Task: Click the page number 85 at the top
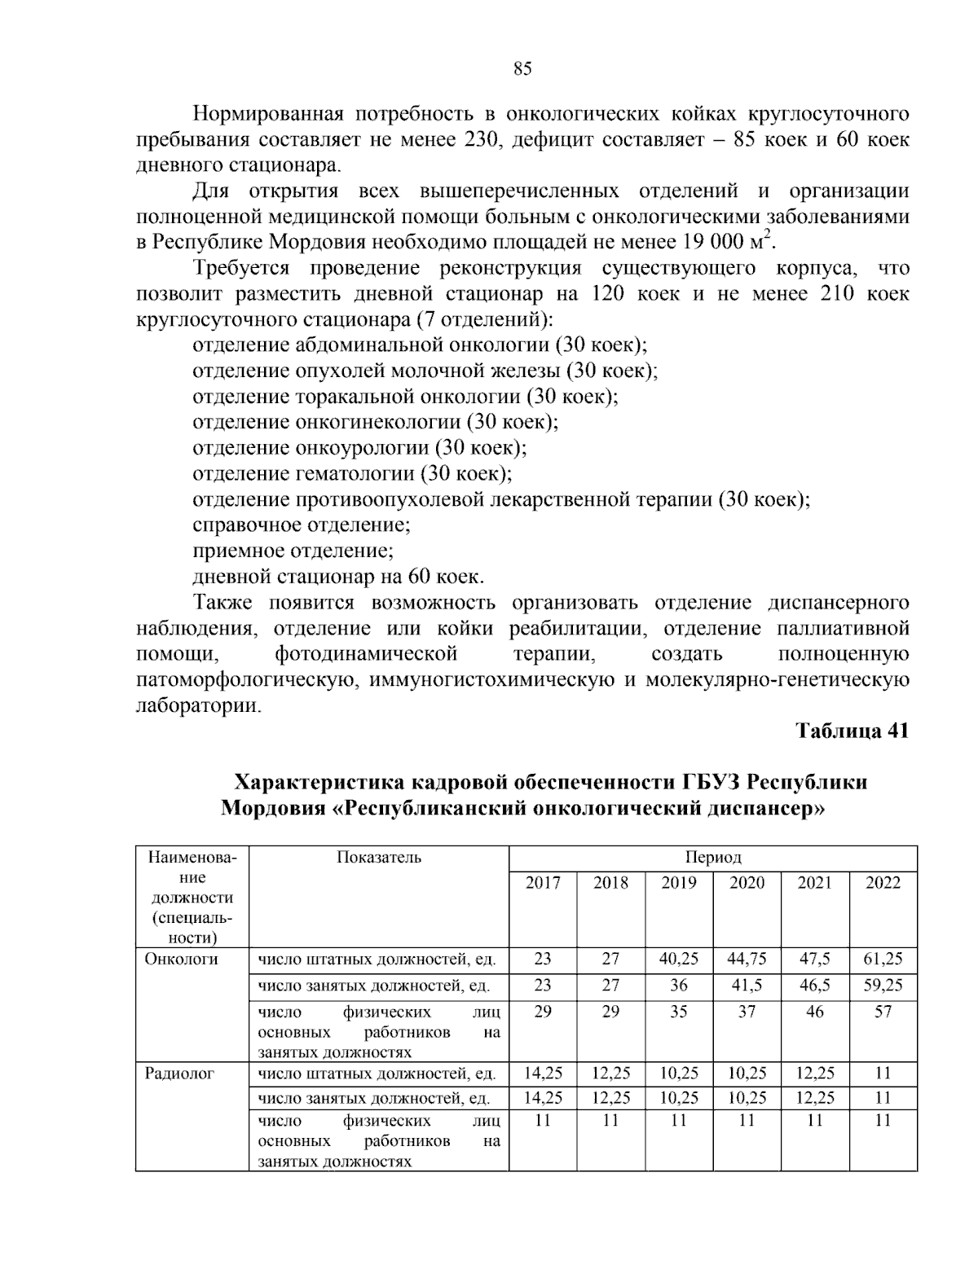point(522,69)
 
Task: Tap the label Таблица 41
point(852,731)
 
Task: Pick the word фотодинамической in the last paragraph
point(366,654)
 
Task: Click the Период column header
point(712,858)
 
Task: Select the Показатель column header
point(378,857)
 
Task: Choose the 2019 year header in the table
point(678,883)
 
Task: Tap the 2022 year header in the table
point(883,883)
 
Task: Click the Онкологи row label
point(182,959)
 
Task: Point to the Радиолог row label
point(179,1074)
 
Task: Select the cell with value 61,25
point(883,959)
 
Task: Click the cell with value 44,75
point(747,959)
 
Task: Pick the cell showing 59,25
point(883,985)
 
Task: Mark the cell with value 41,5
point(747,985)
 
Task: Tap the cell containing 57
point(883,1012)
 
